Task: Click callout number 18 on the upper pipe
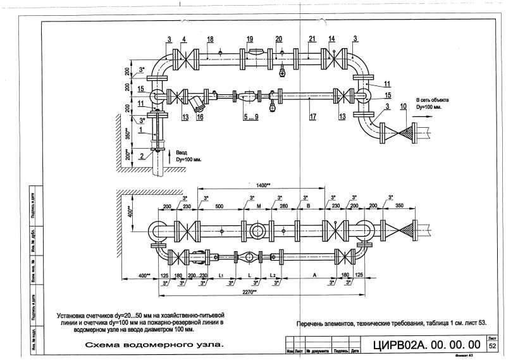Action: (x=210, y=39)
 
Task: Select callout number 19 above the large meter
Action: (x=250, y=39)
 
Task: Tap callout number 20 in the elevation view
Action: (x=279, y=39)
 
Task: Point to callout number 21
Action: (x=312, y=39)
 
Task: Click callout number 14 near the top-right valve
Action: (x=331, y=39)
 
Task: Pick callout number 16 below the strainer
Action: (x=200, y=117)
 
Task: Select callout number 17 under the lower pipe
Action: (x=312, y=117)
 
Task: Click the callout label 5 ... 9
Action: (x=251, y=117)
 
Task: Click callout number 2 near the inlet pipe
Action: (x=142, y=155)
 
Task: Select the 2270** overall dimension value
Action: (x=249, y=292)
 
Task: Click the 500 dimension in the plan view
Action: (x=219, y=206)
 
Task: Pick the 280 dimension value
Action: (x=283, y=206)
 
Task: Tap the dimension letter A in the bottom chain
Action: (x=314, y=276)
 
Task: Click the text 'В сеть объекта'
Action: (x=431, y=100)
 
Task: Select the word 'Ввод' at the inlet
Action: (x=182, y=152)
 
